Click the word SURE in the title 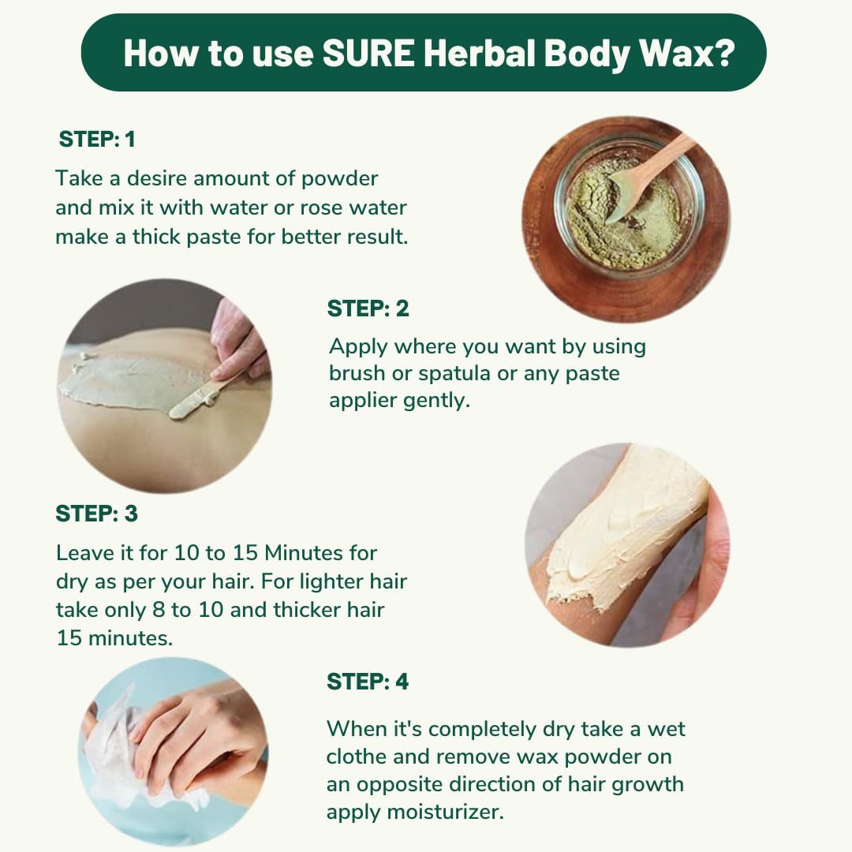coord(368,54)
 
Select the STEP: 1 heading coord(97,139)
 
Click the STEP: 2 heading coord(368,308)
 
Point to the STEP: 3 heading coord(97,514)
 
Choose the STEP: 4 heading coord(368,682)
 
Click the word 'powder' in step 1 coord(339,179)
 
